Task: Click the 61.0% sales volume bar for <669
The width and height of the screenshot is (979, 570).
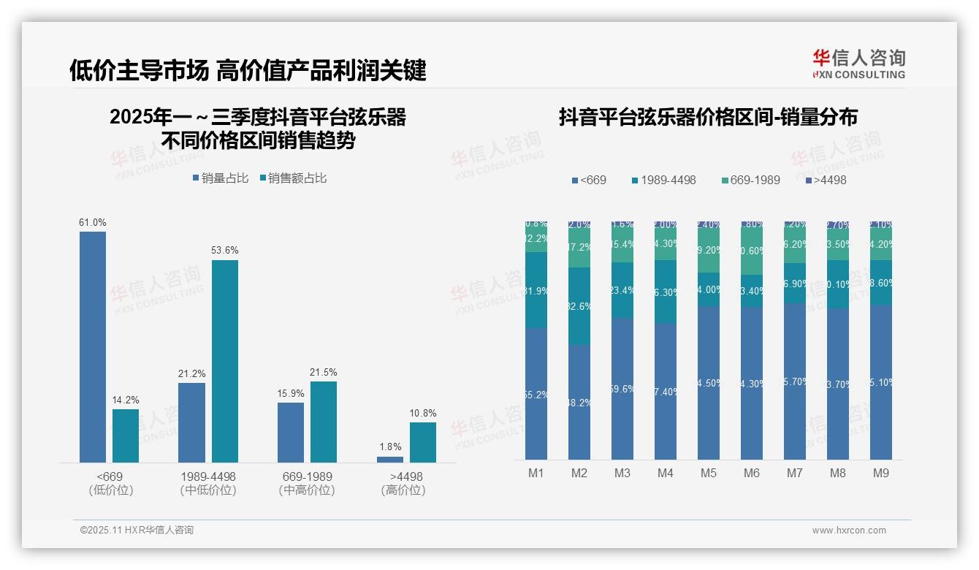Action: pos(93,346)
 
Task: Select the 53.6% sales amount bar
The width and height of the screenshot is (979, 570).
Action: pos(225,361)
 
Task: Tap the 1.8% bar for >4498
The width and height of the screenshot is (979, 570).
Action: pos(390,459)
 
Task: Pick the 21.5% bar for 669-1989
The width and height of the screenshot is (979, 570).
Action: pos(324,422)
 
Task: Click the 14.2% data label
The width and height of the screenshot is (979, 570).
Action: pos(126,400)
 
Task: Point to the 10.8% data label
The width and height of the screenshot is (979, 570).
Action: pos(422,413)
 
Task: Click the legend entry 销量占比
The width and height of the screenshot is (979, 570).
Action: pos(221,178)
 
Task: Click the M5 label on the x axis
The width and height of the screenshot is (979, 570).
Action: pos(708,473)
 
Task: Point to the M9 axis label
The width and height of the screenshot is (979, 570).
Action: pos(881,473)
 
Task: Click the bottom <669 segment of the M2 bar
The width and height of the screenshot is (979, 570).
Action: pos(579,402)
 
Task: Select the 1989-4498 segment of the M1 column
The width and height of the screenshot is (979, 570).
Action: pos(536,290)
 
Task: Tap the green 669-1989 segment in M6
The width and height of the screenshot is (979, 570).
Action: pos(752,251)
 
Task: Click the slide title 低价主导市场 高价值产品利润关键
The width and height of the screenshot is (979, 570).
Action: pos(248,71)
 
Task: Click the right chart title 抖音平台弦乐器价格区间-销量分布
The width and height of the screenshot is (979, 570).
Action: pos(708,117)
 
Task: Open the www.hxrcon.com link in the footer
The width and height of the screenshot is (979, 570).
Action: pos(849,531)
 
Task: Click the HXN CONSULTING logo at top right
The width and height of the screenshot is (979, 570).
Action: pos(858,64)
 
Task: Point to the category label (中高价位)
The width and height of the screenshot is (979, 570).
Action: pos(307,490)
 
